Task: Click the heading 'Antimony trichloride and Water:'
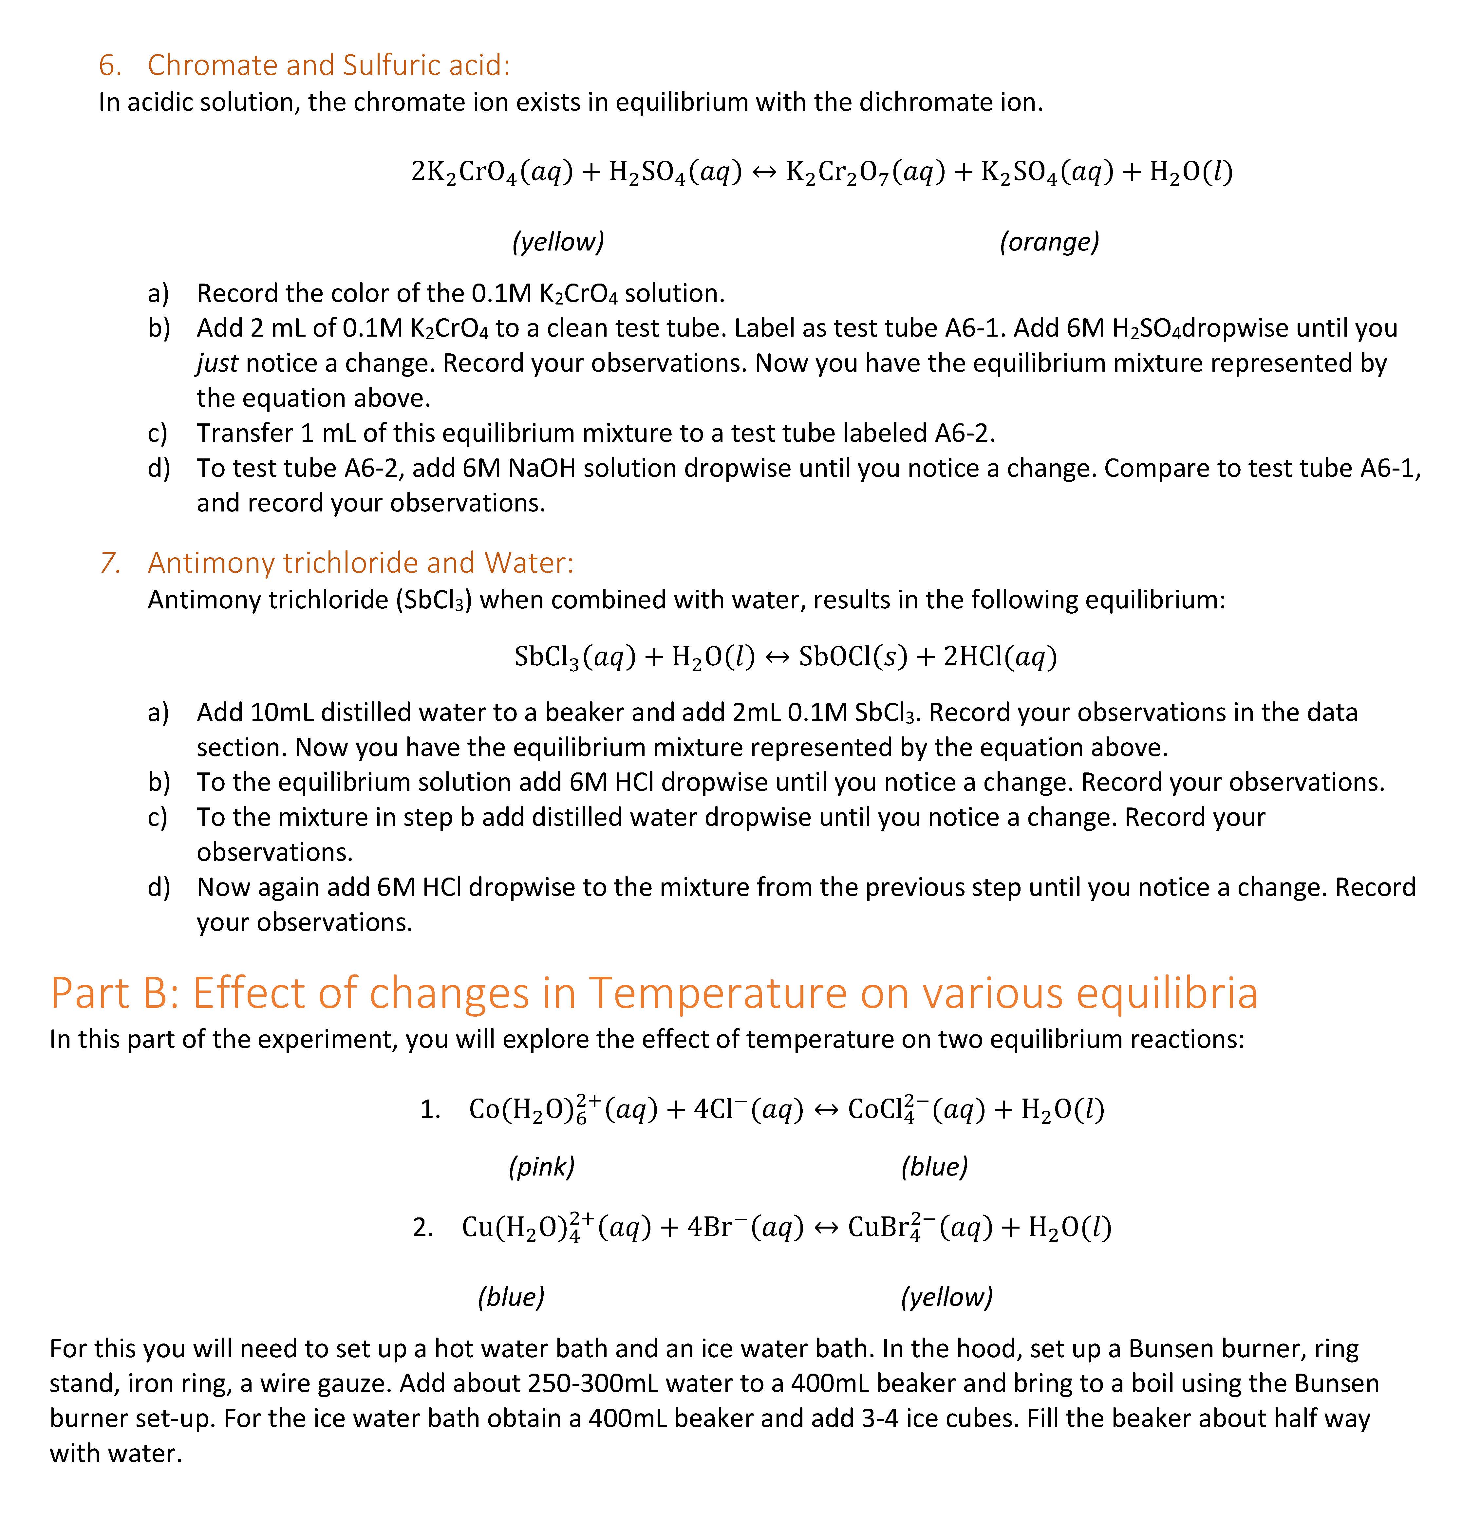[360, 563]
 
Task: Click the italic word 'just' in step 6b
[217, 363]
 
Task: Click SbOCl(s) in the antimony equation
[853, 657]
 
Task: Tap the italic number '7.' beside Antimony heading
[110, 563]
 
